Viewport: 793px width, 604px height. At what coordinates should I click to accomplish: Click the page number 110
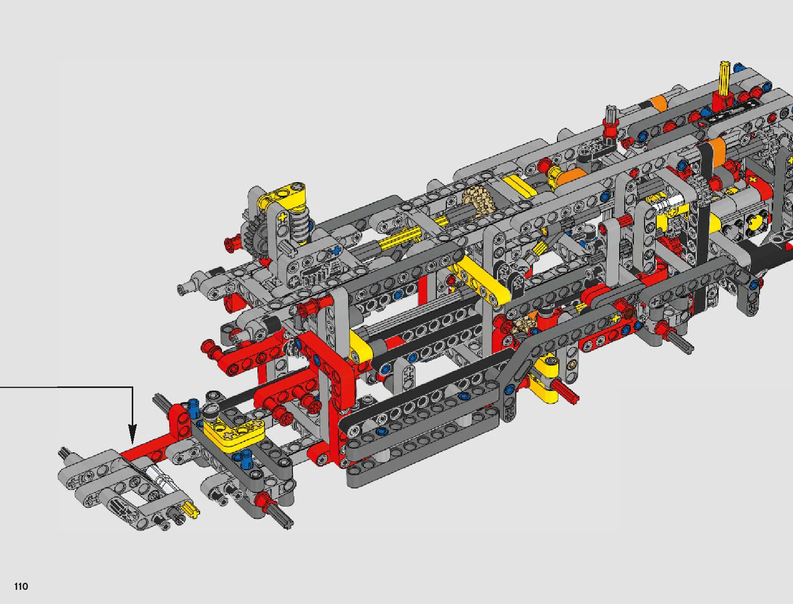pyautogui.click(x=21, y=586)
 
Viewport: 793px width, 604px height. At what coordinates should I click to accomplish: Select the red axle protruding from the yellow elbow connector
pyautogui.click(x=566, y=392)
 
